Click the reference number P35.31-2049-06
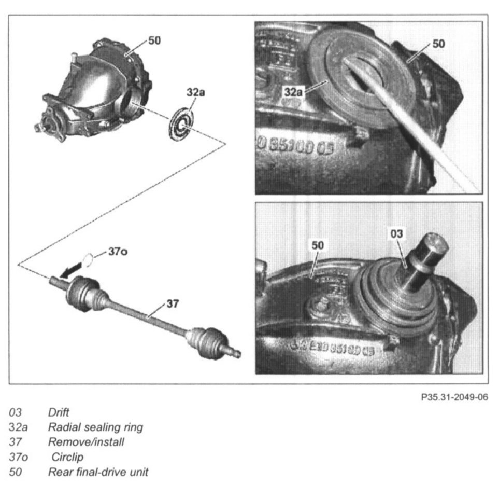pyautogui.click(x=454, y=398)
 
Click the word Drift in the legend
pyautogui.click(x=59, y=413)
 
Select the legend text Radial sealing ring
pyautogui.click(x=95, y=427)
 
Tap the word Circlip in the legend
pyautogui.click(x=67, y=458)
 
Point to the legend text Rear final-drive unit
pyautogui.click(x=98, y=473)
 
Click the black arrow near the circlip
pyautogui.click(x=72, y=269)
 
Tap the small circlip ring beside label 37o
pyautogui.click(x=89, y=258)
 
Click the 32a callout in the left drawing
pyautogui.click(x=195, y=92)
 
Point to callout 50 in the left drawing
pyautogui.click(x=154, y=40)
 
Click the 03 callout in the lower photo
pyautogui.click(x=396, y=234)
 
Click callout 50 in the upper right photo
pyautogui.click(x=438, y=44)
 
